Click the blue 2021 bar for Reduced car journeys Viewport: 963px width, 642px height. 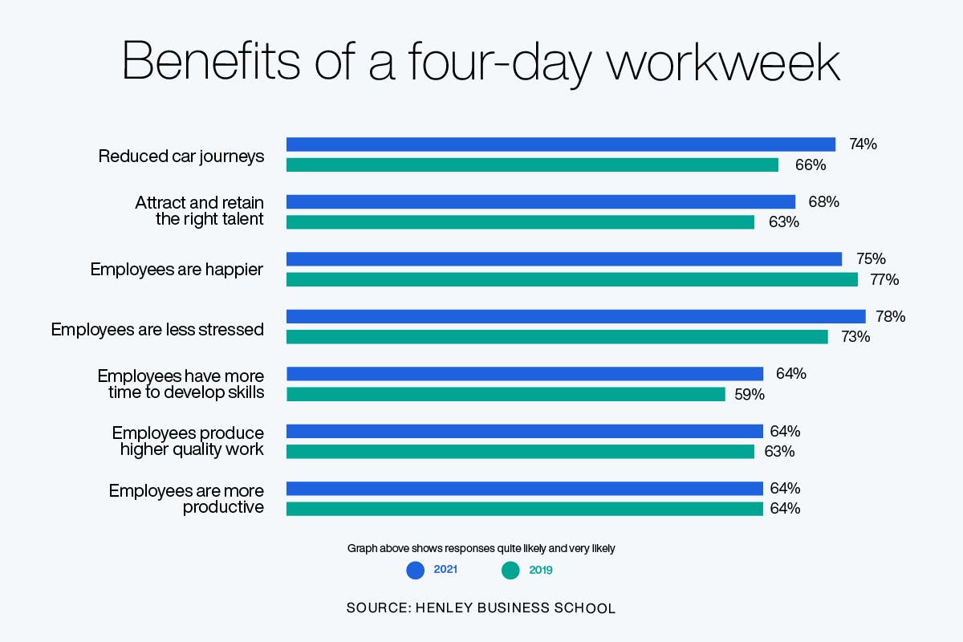[561, 144]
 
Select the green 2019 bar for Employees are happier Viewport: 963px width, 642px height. [572, 279]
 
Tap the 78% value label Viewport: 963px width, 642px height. [891, 317]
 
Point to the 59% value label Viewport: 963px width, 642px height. [750, 395]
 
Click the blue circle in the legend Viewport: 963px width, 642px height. [415, 571]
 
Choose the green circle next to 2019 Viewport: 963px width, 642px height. [510, 571]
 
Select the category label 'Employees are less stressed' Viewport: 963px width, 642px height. [157, 329]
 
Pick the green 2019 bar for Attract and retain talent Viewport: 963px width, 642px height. [520, 222]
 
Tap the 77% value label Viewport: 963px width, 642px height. [884, 280]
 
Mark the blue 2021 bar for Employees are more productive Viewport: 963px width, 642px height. [524, 489]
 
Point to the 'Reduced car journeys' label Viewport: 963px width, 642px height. [181, 156]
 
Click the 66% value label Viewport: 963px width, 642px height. [811, 165]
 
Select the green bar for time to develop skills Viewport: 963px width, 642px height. [506, 394]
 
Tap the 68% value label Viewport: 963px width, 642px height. [823, 202]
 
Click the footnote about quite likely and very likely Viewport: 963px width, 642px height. [481, 548]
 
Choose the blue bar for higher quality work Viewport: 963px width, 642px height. [524, 431]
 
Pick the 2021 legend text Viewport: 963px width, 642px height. [445, 571]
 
